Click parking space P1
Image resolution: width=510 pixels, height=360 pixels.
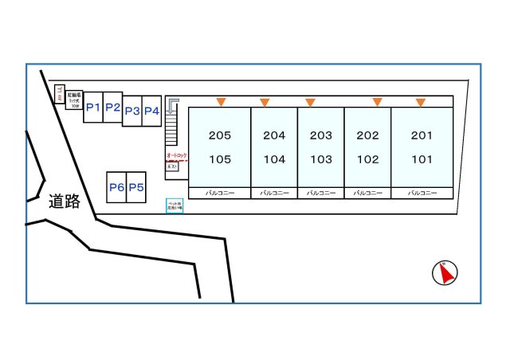93,107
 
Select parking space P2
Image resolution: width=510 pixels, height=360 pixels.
112,107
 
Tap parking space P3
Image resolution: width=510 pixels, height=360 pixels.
132,111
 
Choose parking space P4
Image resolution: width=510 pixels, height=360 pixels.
151,111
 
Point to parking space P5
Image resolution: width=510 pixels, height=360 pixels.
136,188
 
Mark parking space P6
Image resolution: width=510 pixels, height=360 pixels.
116,188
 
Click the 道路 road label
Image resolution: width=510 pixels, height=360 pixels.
65,202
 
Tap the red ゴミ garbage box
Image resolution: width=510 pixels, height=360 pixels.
60,95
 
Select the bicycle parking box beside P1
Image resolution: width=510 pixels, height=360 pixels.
74,100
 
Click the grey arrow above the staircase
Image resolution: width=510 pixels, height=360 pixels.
174,104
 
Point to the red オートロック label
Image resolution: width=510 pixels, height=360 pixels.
176,155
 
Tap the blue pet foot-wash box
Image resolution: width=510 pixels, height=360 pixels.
175,205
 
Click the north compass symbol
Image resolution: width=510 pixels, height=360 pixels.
444,273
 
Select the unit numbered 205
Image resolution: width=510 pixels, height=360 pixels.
219,135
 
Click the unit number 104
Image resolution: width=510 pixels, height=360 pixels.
274,159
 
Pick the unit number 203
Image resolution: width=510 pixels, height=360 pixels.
321,135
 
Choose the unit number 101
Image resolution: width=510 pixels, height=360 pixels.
422,159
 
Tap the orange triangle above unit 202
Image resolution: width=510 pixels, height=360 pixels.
377,102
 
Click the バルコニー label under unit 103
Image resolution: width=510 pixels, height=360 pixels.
321,194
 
